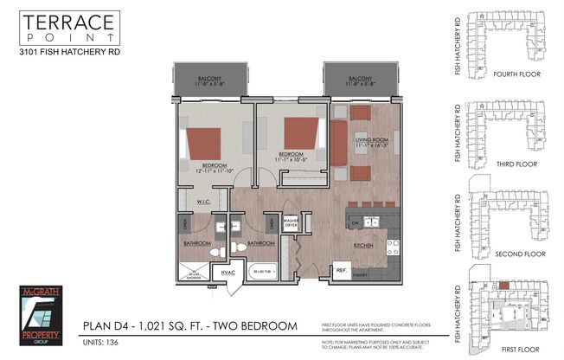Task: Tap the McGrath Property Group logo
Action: click(x=40, y=313)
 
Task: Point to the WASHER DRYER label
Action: click(x=291, y=222)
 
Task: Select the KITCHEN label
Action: click(x=362, y=245)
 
